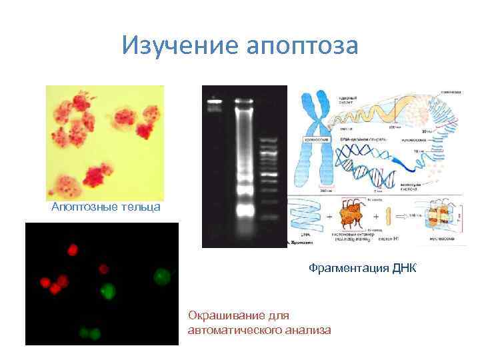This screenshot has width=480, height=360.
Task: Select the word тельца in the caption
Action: coord(140,207)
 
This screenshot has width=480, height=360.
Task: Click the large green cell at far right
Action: coord(161,275)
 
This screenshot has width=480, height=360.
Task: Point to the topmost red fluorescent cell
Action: coord(73,251)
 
